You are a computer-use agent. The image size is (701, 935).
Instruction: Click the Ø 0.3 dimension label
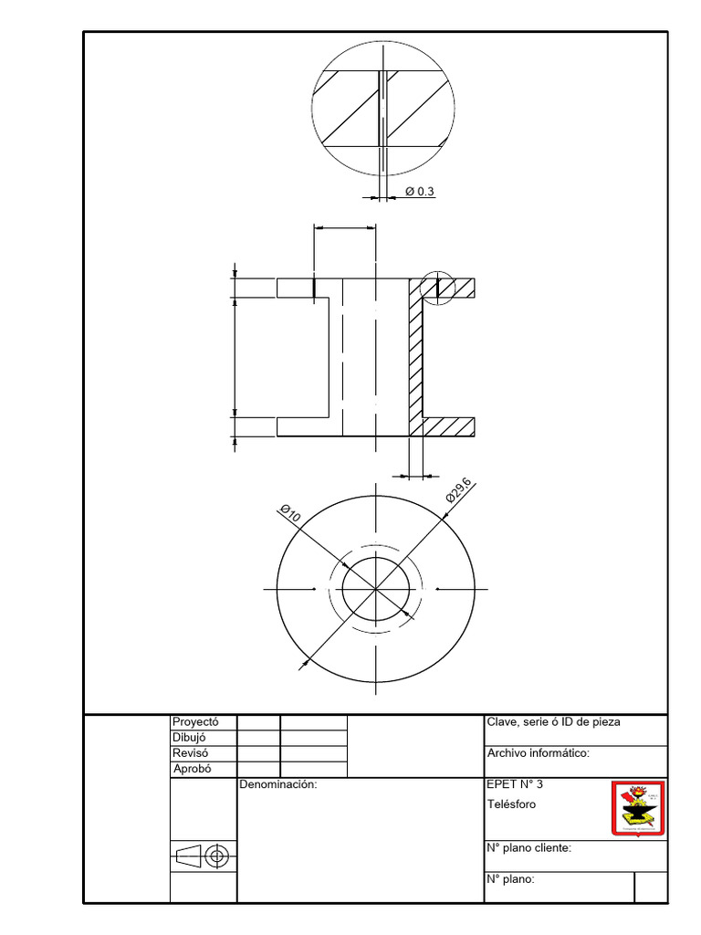coord(419,191)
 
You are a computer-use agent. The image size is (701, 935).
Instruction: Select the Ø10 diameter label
coord(290,512)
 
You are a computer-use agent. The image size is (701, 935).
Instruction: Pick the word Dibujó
coord(189,738)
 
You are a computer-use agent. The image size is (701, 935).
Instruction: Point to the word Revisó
coord(190,753)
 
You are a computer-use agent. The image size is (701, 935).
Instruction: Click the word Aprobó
coord(191,769)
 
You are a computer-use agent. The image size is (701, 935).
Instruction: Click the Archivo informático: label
coord(539,753)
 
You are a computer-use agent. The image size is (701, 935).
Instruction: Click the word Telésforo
coord(512,804)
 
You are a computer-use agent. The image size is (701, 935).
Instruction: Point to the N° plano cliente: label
coord(529,848)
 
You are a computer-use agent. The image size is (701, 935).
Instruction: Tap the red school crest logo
coord(636,807)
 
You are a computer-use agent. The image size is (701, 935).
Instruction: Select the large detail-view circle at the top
coord(382,109)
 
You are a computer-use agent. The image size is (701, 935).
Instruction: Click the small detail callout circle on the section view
coord(438,289)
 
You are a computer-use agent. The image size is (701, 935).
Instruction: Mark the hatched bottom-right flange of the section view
coord(449,426)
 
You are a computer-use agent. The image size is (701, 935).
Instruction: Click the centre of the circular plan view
coord(375,589)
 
